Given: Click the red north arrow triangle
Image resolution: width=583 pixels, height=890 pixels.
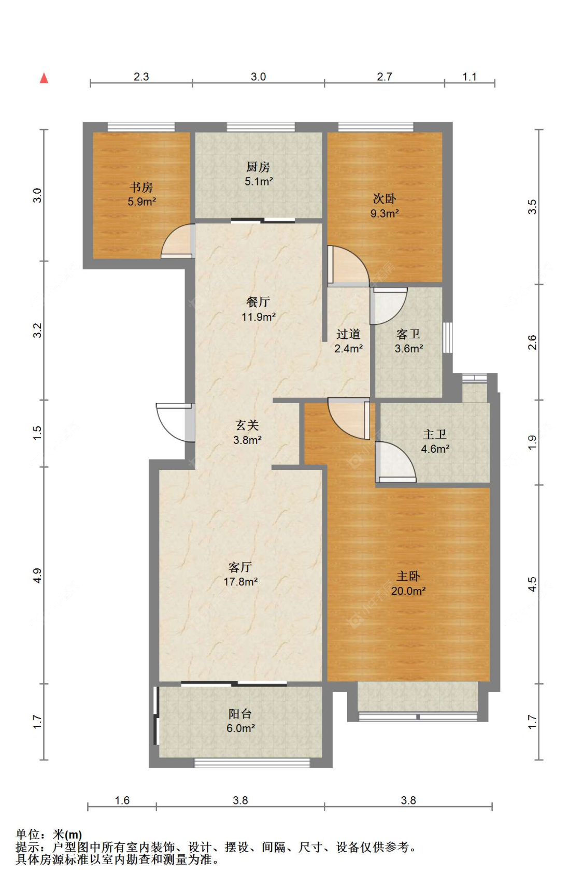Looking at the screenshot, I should [44, 79].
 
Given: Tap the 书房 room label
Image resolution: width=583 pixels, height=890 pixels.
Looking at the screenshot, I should [141, 187].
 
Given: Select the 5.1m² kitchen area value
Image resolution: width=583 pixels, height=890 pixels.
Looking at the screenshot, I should [259, 182].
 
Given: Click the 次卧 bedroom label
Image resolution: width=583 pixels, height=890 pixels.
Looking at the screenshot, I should [385, 198].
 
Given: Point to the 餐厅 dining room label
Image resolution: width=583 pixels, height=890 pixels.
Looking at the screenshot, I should [258, 302].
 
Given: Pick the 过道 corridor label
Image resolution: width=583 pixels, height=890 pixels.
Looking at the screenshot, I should [348, 334].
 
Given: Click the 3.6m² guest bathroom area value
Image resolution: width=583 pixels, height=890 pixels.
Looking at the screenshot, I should [408, 349].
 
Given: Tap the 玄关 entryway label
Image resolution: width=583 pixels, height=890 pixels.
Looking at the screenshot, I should [247, 425].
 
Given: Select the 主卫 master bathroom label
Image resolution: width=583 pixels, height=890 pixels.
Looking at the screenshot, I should [435, 435].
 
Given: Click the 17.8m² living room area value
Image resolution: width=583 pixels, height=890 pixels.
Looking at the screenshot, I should [240, 582].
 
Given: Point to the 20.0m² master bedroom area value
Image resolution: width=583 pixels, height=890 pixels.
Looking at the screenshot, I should [408, 591].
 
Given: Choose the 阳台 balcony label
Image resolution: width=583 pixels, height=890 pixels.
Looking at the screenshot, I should [240, 714].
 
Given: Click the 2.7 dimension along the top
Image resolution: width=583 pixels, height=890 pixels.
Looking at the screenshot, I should [385, 77].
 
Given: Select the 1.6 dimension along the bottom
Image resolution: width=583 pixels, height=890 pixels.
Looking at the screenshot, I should [122, 800].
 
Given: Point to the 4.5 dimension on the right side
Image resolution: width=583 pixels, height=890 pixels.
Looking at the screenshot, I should [532, 584].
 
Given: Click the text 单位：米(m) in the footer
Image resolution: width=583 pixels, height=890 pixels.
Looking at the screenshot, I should [49, 835].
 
